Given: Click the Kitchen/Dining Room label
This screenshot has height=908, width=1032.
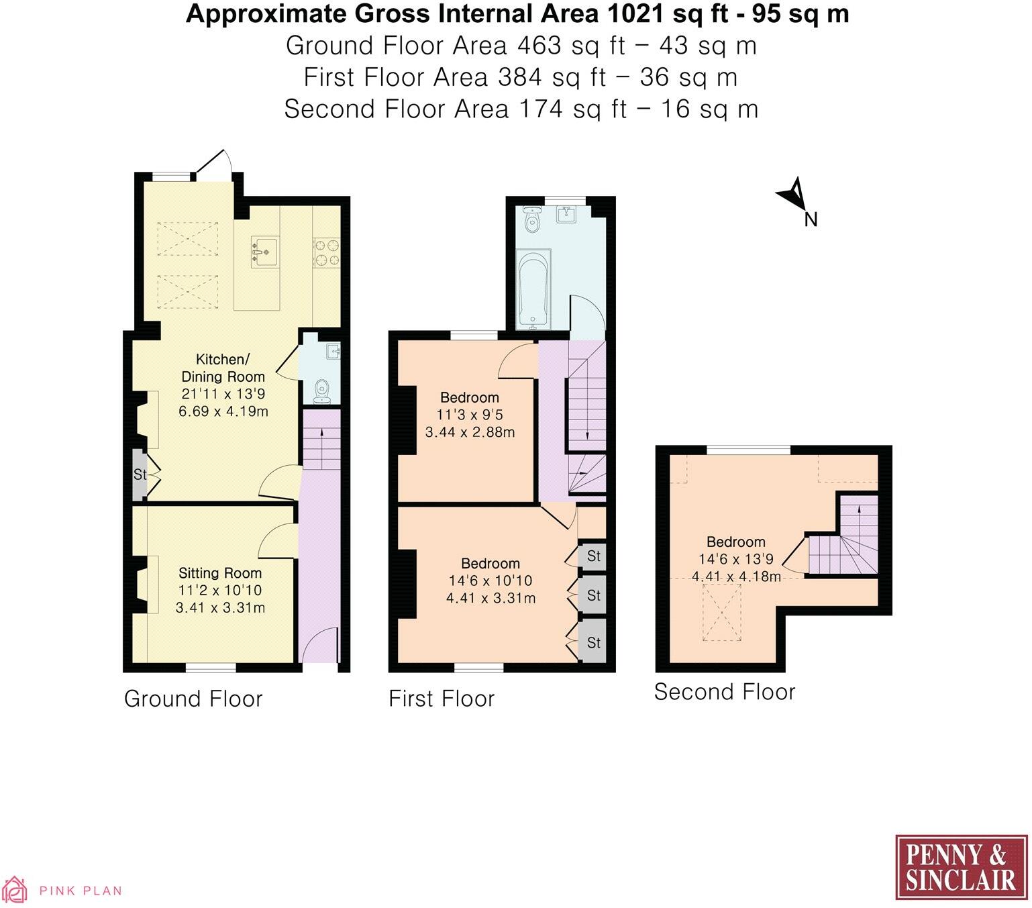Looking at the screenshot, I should [x=223, y=368].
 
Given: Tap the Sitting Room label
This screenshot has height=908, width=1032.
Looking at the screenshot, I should [x=219, y=573].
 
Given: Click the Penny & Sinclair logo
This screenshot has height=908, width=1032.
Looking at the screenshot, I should [x=961, y=867].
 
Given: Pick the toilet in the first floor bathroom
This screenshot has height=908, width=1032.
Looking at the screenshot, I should [x=533, y=219].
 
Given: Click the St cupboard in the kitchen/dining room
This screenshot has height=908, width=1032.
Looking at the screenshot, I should [x=140, y=475].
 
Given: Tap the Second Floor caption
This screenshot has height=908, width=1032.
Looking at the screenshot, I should [x=725, y=692].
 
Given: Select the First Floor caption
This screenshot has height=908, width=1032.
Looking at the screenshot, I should [x=442, y=699].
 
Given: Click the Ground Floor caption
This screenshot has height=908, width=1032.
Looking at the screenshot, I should [x=193, y=699].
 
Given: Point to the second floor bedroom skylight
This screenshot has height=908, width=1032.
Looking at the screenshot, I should [x=721, y=613].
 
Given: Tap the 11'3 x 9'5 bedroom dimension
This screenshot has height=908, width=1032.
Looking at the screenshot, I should [x=470, y=415].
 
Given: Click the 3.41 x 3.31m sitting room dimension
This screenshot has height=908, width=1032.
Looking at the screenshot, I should [x=220, y=608].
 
